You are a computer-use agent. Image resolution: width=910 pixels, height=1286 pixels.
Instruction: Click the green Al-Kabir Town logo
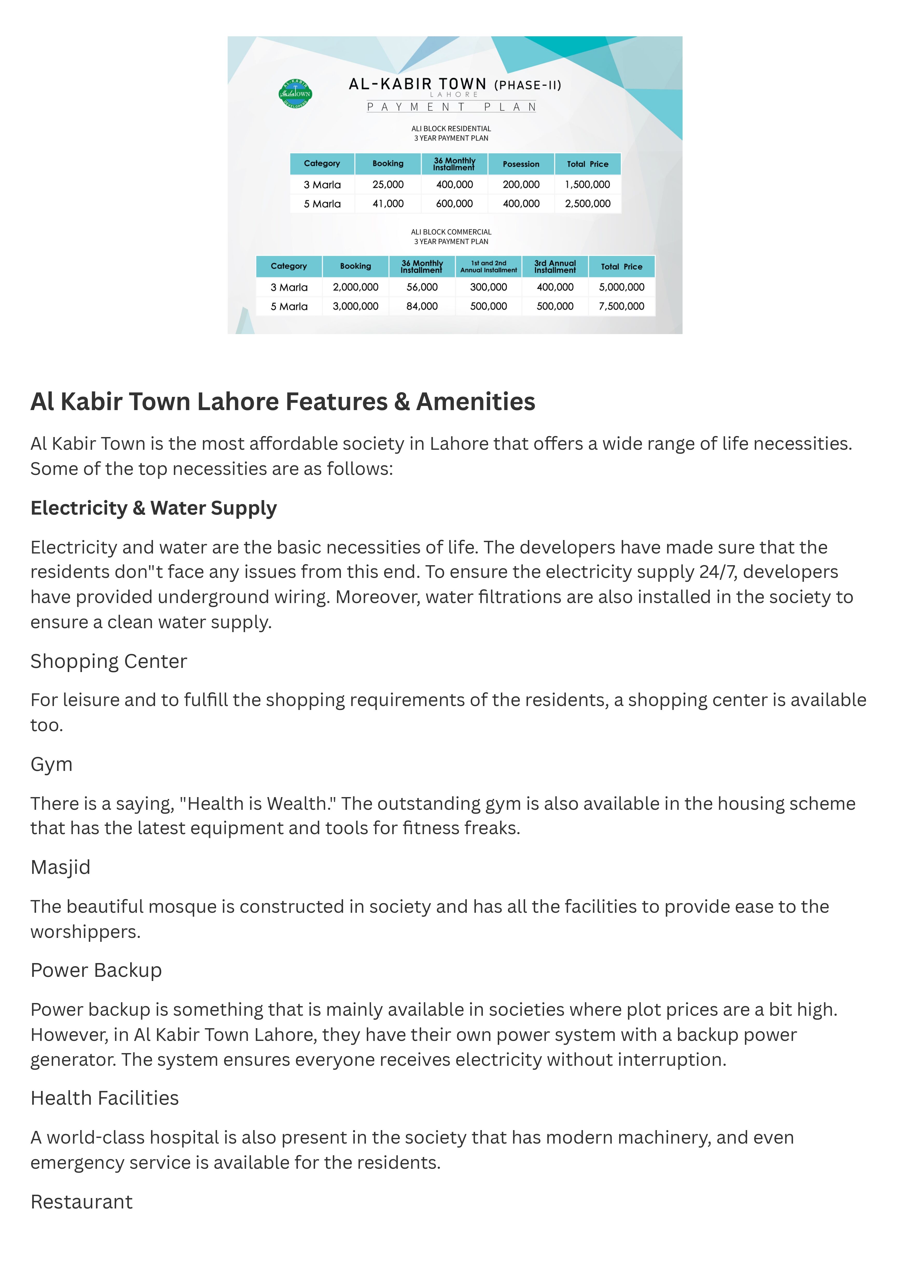(x=295, y=94)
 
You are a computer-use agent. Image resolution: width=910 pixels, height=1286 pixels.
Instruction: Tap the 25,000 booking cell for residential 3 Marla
(x=388, y=184)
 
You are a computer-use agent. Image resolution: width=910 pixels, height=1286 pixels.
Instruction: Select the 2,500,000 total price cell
(x=587, y=203)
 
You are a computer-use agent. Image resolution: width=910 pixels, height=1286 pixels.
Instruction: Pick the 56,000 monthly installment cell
(x=422, y=287)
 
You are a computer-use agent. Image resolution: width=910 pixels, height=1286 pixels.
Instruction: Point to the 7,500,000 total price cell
(x=621, y=306)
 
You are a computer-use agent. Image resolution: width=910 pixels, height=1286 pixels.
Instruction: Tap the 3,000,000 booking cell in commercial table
(x=355, y=306)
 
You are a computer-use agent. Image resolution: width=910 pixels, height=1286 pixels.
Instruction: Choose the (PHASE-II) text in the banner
(x=527, y=85)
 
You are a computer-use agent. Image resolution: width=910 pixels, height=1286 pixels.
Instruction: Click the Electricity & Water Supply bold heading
(x=154, y=508)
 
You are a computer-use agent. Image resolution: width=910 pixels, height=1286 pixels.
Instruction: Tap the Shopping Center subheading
(x=109, y=661)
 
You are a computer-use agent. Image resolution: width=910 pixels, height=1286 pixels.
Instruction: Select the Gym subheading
(x=52, y=764)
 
